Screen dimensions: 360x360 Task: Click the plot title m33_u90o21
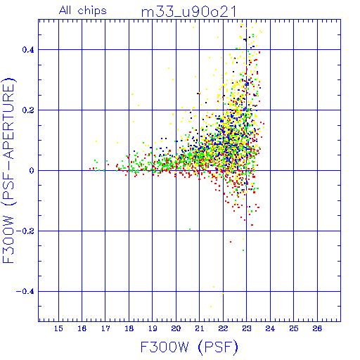click(188, 12)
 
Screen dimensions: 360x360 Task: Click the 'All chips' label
click(83, 11)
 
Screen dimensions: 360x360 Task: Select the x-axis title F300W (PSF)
click(189, 347)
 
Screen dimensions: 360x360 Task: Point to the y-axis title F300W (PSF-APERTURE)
click(8, 170)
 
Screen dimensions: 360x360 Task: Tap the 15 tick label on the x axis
click(58, 328)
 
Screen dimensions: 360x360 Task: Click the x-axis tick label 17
click(105, 328)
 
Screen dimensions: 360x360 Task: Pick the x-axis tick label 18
click(129, 328)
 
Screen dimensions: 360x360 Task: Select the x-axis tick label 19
click(153, 328)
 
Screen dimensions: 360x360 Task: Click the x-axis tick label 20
click(176, 328)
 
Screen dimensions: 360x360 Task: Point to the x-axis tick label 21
click(200, 328)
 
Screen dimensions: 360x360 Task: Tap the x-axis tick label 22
click(223, 328)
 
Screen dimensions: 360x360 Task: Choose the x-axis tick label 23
click(247, 328)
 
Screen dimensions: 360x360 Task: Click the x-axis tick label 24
click(270, 328)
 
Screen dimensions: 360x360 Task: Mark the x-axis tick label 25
click(294, 328)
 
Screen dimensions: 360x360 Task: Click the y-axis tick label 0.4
click(28, 50)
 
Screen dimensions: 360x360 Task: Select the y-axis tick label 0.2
click(28, 110)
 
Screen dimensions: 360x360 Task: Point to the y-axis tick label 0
click(32, 171)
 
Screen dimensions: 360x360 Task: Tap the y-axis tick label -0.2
click(25, 231)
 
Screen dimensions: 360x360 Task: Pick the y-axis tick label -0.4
click(25, 292)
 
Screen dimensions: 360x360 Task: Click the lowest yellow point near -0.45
click(211, 307)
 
